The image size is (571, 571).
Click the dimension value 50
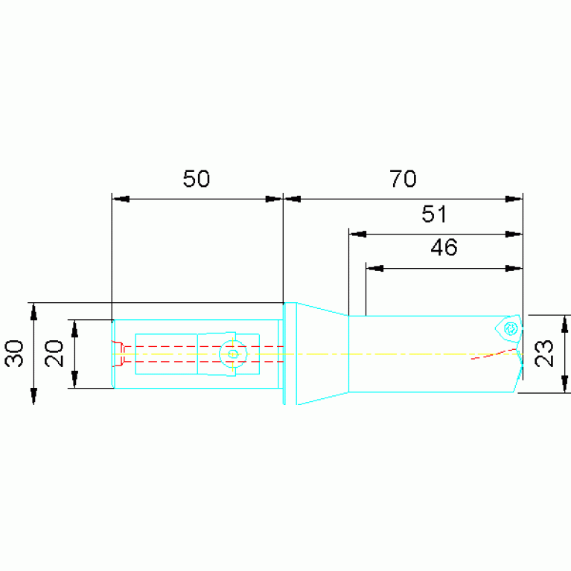tap(197, 179)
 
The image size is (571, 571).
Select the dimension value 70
tap(403, 179)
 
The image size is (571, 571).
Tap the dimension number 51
tap(434, 214)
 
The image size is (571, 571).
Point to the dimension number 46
tap(444, 248)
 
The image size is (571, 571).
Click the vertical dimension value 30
tap(14, 353)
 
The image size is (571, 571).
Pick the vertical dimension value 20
tap(54, 353)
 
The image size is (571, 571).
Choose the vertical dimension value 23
tap(543, 353)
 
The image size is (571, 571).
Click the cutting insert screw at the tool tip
tap(511, 328)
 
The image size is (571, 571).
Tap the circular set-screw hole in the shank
tap(233, 354)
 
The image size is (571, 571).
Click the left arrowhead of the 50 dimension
tap(121, 199)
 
